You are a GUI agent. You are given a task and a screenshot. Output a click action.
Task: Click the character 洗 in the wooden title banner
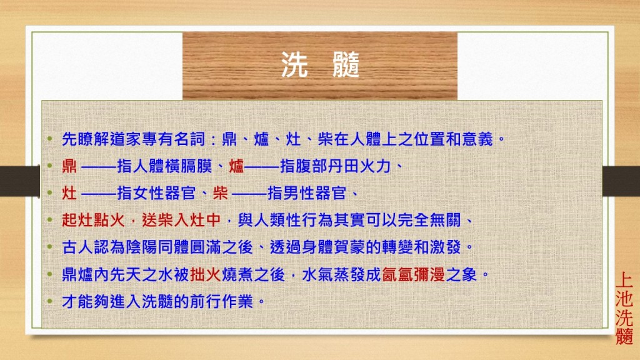294,65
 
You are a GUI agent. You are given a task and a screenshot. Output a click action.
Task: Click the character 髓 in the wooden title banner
346,65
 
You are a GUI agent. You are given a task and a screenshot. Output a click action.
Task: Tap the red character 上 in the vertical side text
624,281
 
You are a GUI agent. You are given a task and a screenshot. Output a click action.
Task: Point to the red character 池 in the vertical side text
624,299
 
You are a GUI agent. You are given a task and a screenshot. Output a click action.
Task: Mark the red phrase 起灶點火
94,221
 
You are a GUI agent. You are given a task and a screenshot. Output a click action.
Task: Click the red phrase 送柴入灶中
181,221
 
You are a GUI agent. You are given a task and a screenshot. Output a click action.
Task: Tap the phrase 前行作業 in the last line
222,302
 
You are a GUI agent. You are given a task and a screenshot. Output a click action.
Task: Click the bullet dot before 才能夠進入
50,302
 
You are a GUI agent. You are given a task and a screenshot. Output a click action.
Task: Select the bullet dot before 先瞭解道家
50,139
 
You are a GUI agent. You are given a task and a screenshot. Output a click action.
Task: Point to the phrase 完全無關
429,221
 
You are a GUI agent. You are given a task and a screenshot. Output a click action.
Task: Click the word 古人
77,247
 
